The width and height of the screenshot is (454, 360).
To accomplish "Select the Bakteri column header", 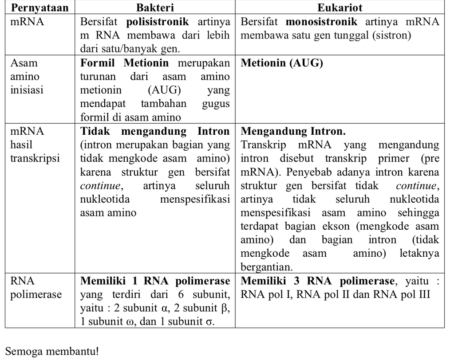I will pyautogui.click(x=155, y=8).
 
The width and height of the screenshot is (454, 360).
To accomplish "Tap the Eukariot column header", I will pyautogui.click(x=340, y=8).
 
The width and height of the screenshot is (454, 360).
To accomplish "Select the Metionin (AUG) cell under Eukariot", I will pyautogui.click(x=282, y=63).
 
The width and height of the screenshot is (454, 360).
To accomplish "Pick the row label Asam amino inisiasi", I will pyautogui.click(x=27, y=77).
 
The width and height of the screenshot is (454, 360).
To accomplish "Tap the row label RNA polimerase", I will pyautogui.click(x=36, y=288).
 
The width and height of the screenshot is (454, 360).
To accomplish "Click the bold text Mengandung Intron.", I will pyautogui.click(x=293, y=132).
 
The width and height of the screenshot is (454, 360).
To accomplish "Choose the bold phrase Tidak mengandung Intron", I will pyautogui.click(x=155, y=132).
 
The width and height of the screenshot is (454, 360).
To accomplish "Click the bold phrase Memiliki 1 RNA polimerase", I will pyautogui.click(x=155, y=281).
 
